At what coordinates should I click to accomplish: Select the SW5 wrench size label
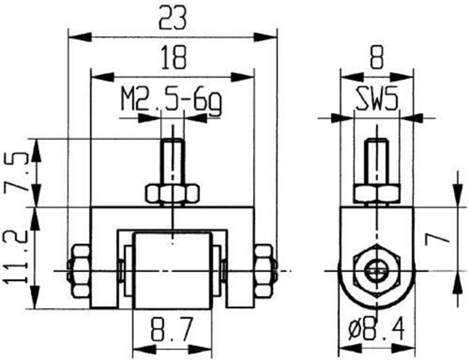[x=377, y=101]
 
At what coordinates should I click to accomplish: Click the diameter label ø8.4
[x=378, y=332]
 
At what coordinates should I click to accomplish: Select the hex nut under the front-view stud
[x=172, y=194]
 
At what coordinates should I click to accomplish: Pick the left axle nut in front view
[x=79, y=270]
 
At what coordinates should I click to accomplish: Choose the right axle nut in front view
[x=264, y=270]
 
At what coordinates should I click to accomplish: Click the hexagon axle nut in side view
[x=376, y=270]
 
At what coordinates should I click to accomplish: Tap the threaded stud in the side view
[x=377, y=161]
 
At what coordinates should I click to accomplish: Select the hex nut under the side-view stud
[x=377, y=193]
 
